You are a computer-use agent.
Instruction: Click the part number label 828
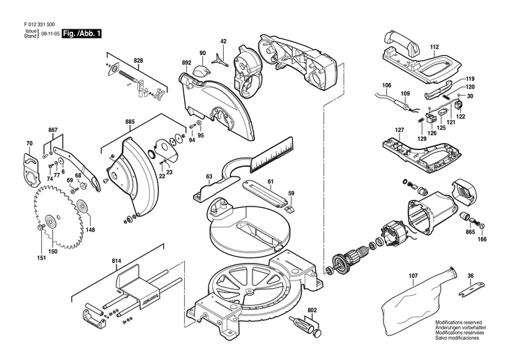(139, 61)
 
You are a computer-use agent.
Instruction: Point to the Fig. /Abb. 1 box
(82, 33)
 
